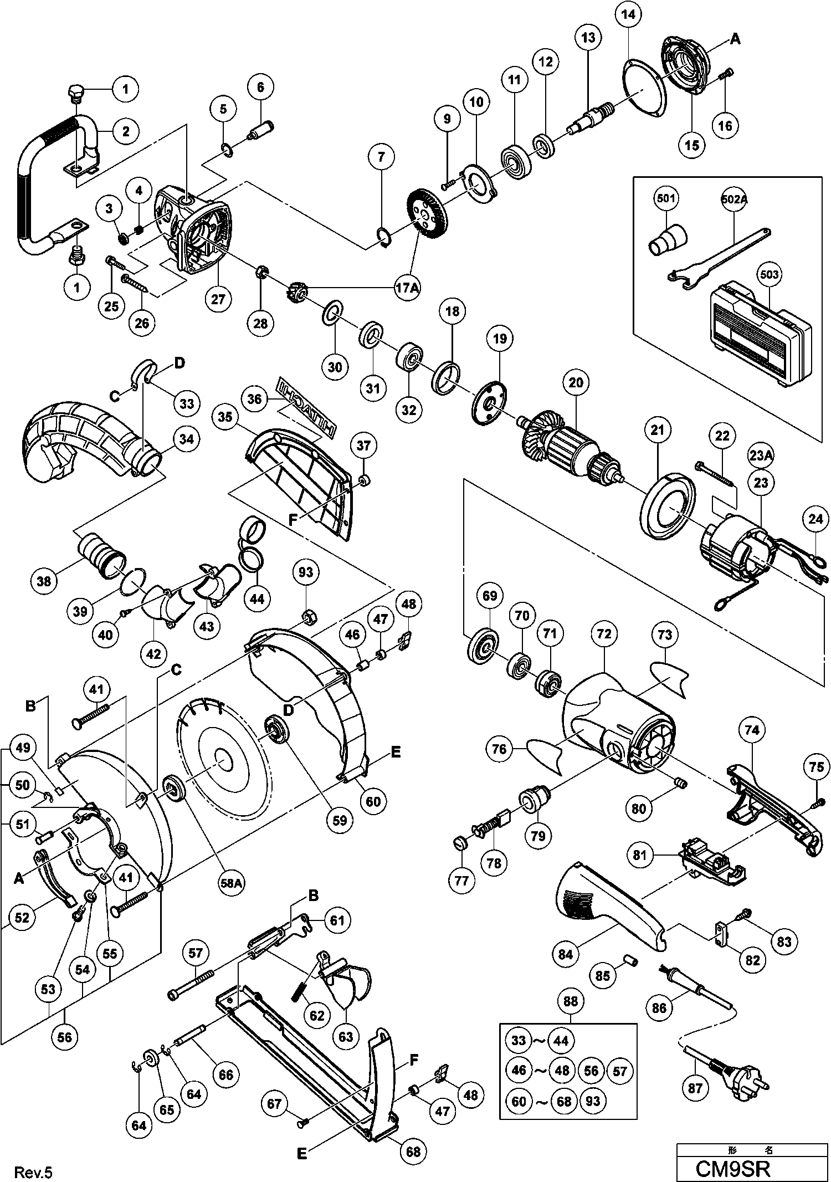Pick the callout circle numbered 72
[x=604, y=633]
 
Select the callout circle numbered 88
[x=571, y=1001]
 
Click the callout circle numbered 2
[x=126, y=131]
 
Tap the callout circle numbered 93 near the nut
[x=306, y=572]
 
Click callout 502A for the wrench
[x=734, y=198]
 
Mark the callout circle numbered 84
[x=566, y=954]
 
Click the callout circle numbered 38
[x=44, y=581]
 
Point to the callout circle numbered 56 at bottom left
[x=65, y=1036]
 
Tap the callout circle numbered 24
[x=816, y=519]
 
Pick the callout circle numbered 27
[x=218, y=299]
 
